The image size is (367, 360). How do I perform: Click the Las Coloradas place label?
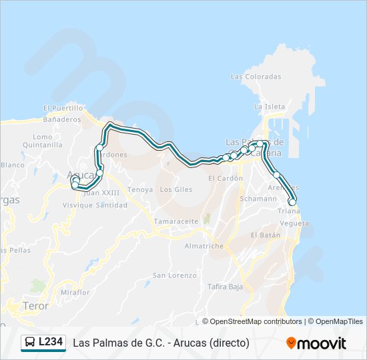[256, 77]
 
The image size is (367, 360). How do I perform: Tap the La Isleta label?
[270, 107]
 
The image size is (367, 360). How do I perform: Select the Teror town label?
[36, 306]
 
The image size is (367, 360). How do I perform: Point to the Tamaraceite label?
[176, 221]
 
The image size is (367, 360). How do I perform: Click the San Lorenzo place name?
[174, 275]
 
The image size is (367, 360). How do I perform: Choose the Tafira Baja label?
[226, 287]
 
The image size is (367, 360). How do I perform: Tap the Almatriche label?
[204, 246]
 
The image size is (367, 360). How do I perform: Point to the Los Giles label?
[176, 189]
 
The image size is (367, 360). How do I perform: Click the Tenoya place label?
[140, 189]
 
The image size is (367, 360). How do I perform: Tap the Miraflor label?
[74, 292]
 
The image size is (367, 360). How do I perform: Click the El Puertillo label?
[63, 107]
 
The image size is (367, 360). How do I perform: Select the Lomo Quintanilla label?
[42, 141]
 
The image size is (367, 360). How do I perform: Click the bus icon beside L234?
[30, 343]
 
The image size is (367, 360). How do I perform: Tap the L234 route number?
[51, 343]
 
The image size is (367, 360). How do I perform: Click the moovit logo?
[316, 343]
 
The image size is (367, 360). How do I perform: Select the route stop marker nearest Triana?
[292, 202]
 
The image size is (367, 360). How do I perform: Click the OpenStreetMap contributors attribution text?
[256, 321]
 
